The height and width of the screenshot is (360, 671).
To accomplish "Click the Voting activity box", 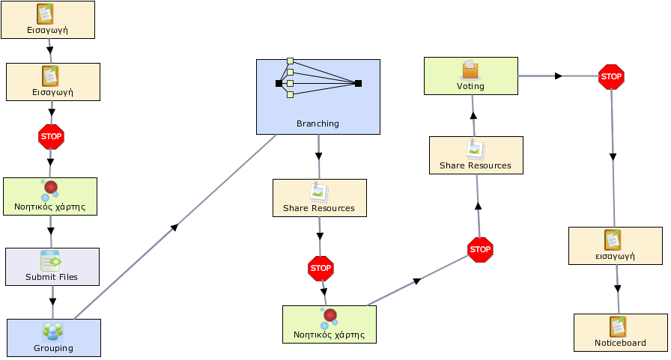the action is coord(471,76).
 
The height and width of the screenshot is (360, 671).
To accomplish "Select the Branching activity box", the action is coord(318,97).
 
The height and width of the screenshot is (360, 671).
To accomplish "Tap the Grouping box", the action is coord(54,338).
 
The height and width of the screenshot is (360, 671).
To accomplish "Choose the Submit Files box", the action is coord(52,266).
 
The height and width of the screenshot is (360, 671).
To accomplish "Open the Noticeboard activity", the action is coord(621,332).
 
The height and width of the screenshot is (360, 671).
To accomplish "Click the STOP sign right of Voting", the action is coord(611,77).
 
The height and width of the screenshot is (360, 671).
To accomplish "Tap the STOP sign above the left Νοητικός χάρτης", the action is coord(51,137).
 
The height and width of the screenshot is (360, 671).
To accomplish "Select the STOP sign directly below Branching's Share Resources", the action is coord(321,269).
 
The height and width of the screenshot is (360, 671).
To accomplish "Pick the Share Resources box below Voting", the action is coord(476,155).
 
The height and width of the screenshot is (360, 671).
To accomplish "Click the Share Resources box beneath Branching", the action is coord(320,198).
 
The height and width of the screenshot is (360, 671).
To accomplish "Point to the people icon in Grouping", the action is coord(53,332).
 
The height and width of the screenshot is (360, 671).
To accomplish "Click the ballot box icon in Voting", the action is coord(470,70).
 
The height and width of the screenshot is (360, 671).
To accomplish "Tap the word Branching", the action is coord(318,123).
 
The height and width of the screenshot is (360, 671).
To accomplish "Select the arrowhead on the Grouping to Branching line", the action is coord(174,228).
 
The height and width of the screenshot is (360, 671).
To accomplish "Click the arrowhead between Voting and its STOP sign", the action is coord(559,76).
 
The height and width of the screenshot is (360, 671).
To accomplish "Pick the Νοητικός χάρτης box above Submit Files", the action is coord(50,196).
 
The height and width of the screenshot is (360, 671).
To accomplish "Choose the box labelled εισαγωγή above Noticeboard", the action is coord(616,245).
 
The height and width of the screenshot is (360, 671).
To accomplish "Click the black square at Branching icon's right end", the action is coord(358,83).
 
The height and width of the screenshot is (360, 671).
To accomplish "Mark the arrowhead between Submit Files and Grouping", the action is coord(52,302).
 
